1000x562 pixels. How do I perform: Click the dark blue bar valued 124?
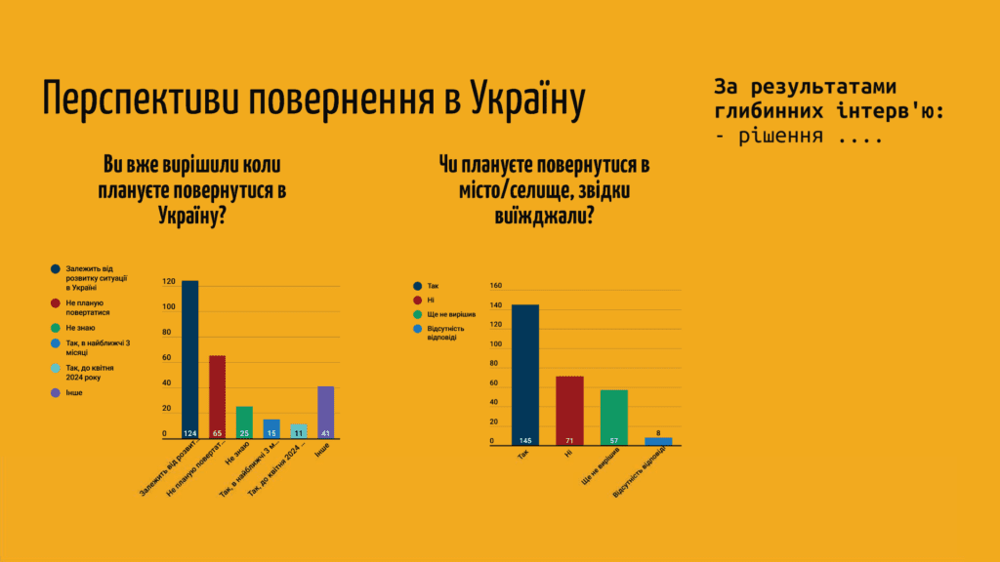189,361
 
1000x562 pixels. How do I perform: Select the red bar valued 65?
217,398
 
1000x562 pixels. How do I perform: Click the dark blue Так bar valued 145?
524,375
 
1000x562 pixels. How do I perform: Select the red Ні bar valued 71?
569,411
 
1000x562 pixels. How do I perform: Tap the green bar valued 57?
613,418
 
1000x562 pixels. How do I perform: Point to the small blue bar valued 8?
658,441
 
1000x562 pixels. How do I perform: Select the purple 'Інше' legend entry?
74,392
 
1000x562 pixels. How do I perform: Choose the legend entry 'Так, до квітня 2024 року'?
89,372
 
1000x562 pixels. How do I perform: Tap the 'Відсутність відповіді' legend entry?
444,334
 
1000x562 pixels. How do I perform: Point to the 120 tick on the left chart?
170,282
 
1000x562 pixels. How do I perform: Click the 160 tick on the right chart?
495,286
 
